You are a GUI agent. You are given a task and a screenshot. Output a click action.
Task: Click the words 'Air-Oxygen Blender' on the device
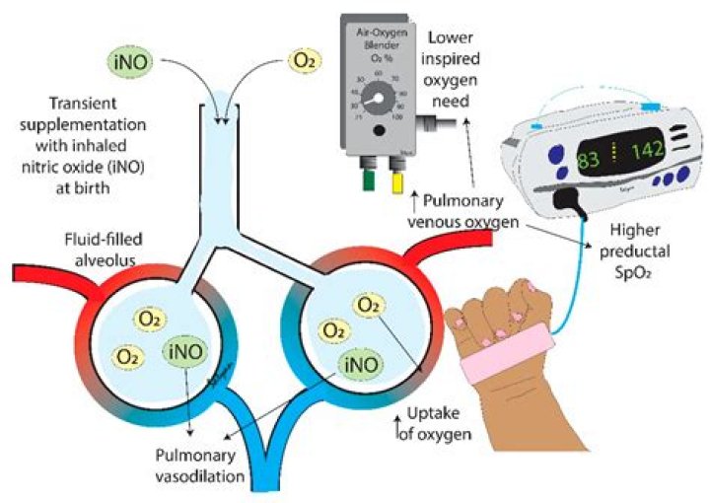click(x=380, y=39)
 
